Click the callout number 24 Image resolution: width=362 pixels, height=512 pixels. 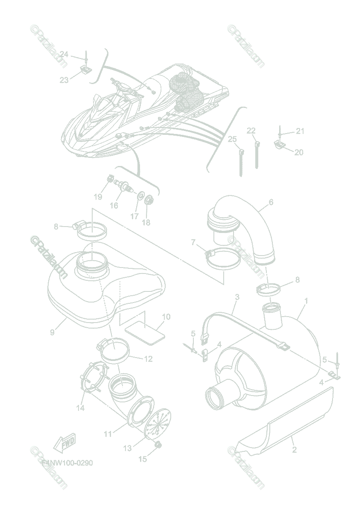pyautogui.click(x=64, y=54)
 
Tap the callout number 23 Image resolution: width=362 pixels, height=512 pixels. pyautogui.click(x=64, y=80)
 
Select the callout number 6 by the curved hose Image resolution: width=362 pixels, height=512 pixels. pyautogui.click(x=271, y=202)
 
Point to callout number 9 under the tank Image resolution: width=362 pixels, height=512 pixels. pyautogui.click(x=52, y=332)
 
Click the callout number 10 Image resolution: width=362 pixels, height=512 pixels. pyautogui.click(x=166, y=317)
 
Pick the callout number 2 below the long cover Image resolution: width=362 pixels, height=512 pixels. pyautogui.click(x=294, y=449)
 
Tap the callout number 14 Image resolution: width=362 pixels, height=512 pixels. pyautogui.click(x=80, y=408)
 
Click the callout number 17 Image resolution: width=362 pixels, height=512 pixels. pyautogui.click(x=134, y=216)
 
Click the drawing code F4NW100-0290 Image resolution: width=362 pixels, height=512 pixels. pyautogui.click(x=67, y=463)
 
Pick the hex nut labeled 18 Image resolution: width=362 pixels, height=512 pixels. pyautogui.click(x=149, y=199)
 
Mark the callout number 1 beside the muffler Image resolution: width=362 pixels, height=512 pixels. pyautogui.click(x=306, y=301)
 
